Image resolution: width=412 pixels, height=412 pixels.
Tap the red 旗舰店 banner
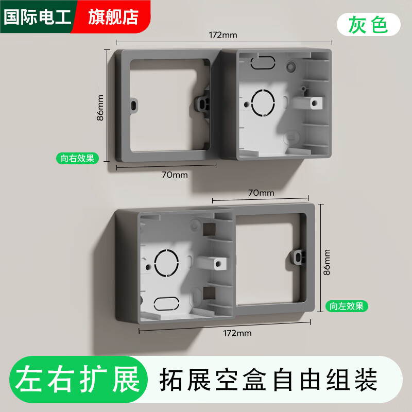click(113, 16)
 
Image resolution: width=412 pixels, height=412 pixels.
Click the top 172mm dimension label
click(222, 36)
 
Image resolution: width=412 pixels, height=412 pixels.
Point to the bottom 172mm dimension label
click(237, 333)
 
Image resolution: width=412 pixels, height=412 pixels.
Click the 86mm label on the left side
click(100, 107)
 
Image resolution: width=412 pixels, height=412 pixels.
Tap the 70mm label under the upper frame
click(175, 175)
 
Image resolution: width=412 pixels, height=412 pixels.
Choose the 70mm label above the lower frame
click(261, 193)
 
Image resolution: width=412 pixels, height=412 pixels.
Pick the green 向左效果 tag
click(347, 306)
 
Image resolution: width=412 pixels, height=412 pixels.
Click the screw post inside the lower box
click(219, 263)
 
